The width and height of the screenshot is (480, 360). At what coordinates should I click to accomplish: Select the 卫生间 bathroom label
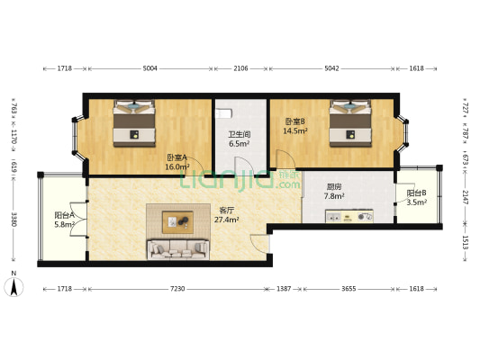point(239,139)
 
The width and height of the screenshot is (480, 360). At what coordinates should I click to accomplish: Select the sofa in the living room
point(179,248)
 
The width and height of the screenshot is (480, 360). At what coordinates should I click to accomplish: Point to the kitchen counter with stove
point(350,217)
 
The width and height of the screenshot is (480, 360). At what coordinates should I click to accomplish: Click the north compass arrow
point(14,286)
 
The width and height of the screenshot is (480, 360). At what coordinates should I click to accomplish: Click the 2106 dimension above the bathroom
point(241,68)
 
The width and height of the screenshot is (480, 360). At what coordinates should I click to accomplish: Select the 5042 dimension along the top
point(332,68)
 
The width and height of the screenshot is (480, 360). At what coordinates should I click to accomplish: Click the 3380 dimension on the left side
point(14,220)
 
